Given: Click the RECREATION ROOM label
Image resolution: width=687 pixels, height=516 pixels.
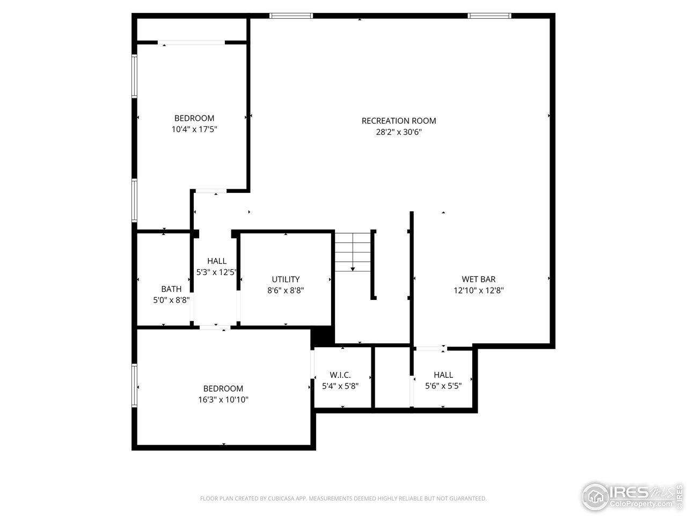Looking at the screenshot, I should (398, 121).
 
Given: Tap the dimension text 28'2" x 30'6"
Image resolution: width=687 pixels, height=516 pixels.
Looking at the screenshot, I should (398, 132).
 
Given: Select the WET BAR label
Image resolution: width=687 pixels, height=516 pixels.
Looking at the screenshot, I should (478, 279).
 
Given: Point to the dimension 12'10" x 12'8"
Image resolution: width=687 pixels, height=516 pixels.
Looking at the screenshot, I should (478, 290).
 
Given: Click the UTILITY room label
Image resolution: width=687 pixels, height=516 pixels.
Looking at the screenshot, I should (286, 279).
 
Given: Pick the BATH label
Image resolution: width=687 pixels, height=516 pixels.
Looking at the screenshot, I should (171, 289).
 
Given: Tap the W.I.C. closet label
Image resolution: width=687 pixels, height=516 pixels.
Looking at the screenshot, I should (340, 375).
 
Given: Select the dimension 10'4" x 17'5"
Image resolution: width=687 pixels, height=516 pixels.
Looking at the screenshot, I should (194, 130).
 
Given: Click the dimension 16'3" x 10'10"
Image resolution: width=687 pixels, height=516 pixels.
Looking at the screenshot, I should (223, 400).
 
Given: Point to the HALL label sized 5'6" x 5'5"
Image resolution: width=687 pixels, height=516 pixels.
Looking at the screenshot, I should (443, 375).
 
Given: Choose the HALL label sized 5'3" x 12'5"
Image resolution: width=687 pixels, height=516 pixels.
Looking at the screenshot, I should (217, 261).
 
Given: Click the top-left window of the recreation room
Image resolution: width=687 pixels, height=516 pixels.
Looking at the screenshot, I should (291, 16).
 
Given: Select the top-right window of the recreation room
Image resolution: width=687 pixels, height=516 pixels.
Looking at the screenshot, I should (489, 16).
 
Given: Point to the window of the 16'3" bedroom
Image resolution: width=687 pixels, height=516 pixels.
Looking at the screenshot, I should (135, 386).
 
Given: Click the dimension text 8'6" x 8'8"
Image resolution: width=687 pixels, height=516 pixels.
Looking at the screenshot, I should (286, 290).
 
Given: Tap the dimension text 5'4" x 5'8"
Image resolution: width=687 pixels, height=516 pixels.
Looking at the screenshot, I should (340, 386).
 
